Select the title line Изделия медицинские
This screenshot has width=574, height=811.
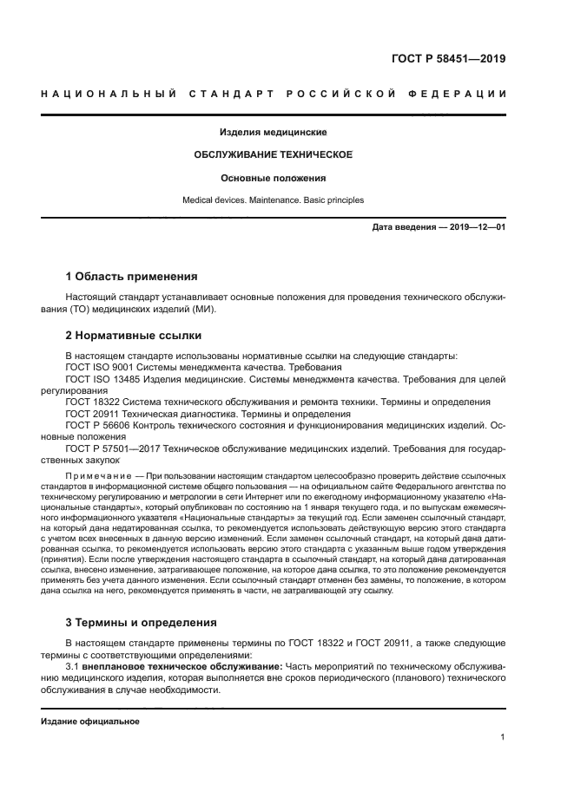click(x=273, y=134)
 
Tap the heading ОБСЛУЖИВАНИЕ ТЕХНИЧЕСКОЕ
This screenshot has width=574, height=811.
click(x=273, y=154)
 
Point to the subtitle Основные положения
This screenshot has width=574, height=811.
click(x=273, y=178)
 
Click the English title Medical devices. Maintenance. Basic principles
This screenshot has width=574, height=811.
click(x=273, y=200)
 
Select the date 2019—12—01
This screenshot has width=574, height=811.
click(x=477, y=227)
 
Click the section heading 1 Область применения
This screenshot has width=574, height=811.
click(x=132, y=278)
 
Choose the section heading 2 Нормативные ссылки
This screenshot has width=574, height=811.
click(x=134, y=335)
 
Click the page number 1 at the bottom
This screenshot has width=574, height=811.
click(x=503, y=737)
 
